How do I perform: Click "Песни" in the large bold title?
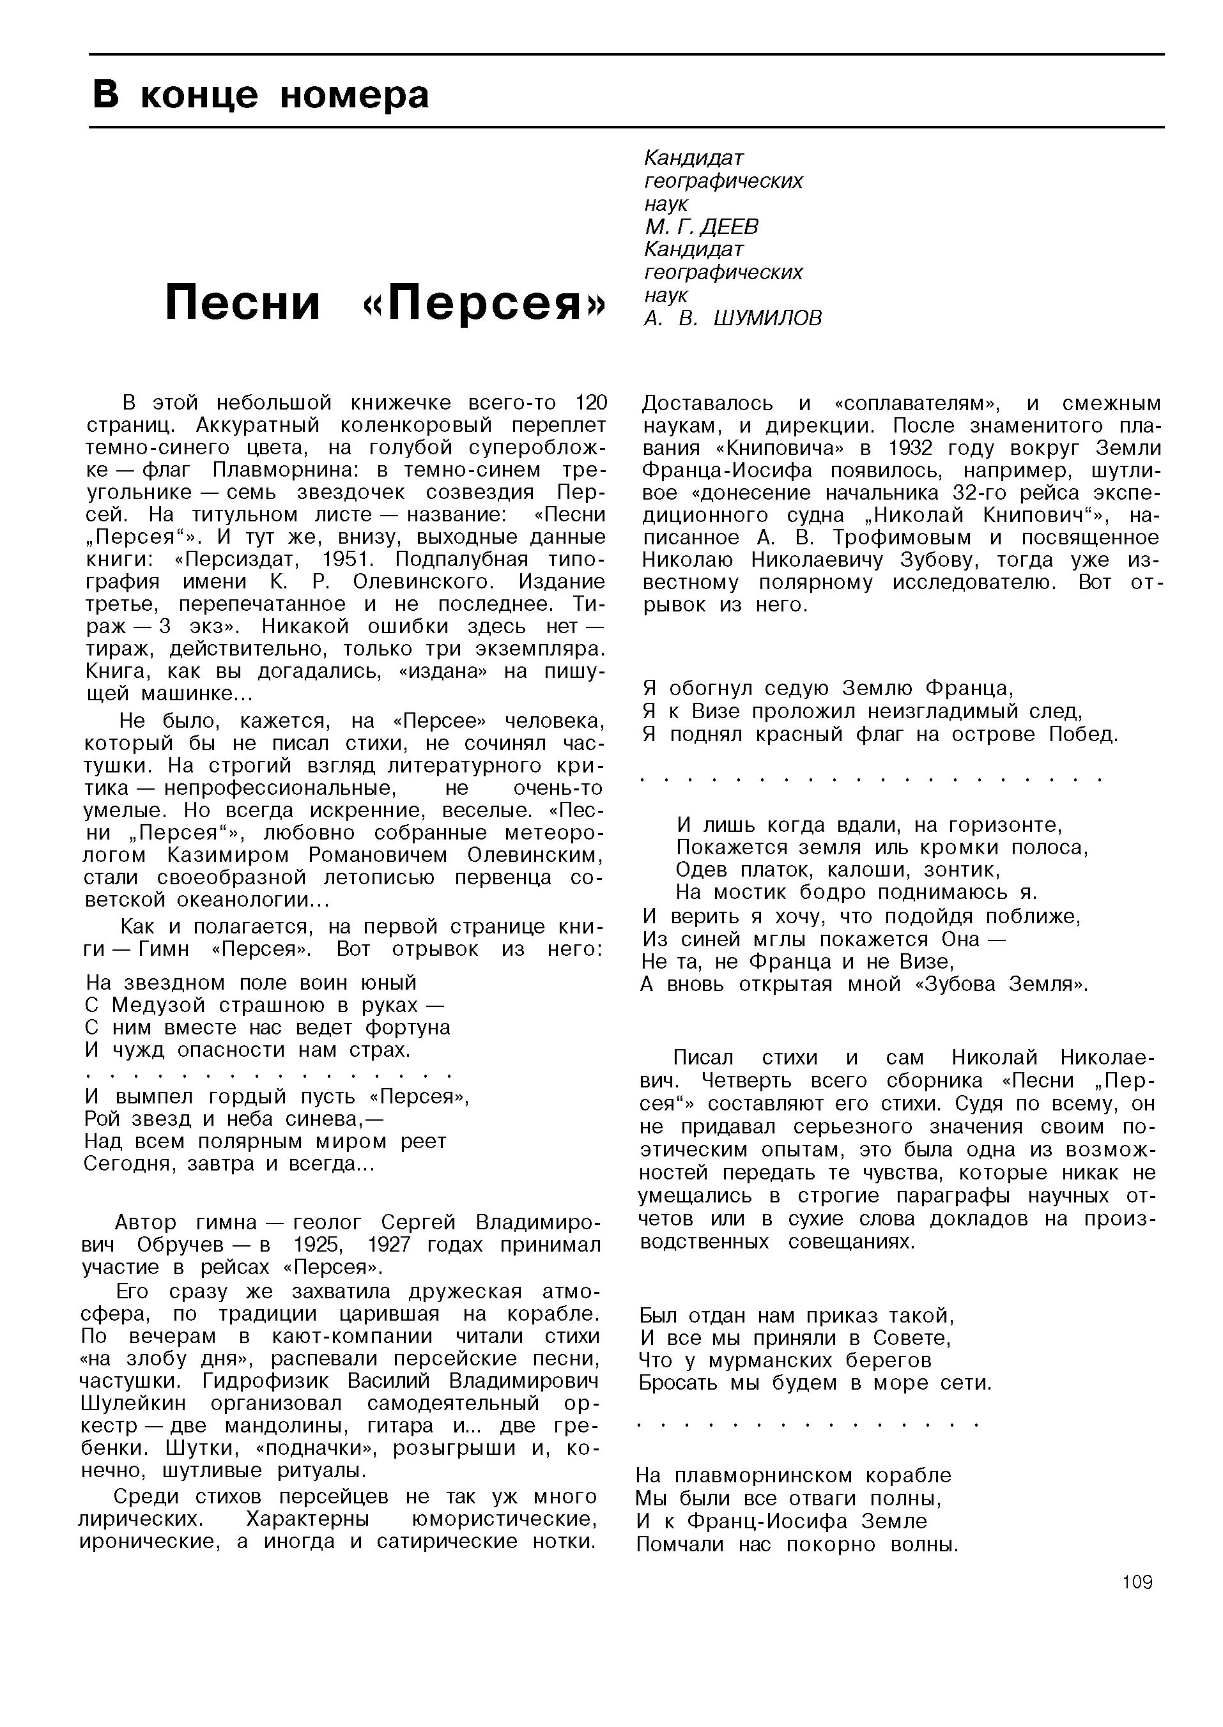243,303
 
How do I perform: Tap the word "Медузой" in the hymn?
155,1006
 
